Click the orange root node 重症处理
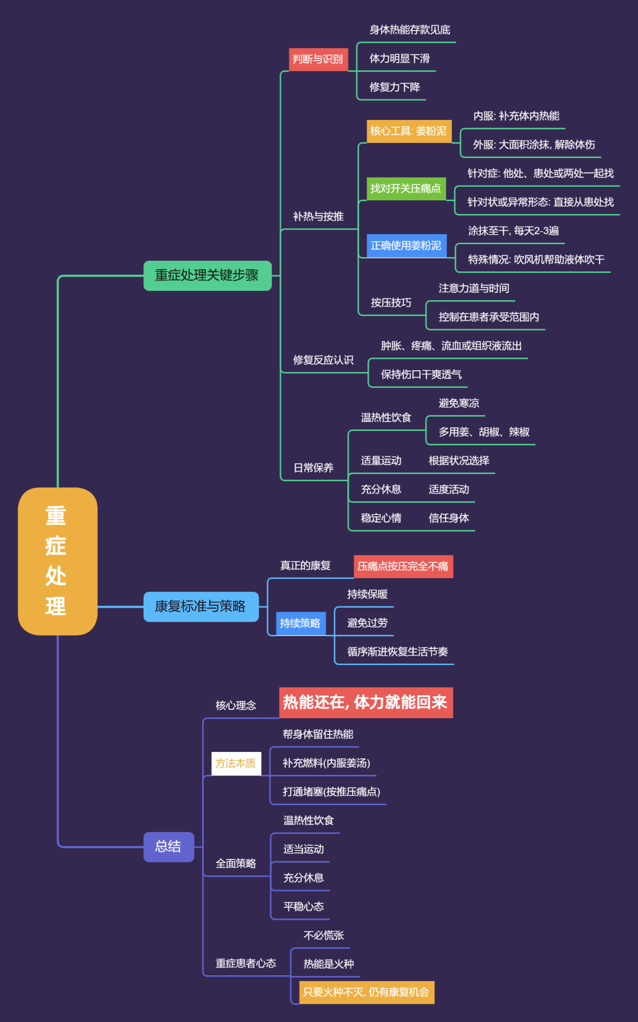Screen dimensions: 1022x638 tap(57, 561)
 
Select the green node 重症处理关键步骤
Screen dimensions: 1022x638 tap(207, 275)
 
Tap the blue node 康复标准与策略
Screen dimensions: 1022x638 tap(201, 606)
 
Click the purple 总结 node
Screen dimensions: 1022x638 tap(168, 846)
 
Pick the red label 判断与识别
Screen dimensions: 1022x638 tap(318, 59)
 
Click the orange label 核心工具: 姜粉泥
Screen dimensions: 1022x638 tap(409, 131)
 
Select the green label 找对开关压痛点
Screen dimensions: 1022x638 tap(406, 189)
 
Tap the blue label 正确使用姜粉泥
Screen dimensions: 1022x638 tap(406, 245)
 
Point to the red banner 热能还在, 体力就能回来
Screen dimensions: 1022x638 tap(366, 702)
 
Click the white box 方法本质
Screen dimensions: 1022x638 tap(236, 763)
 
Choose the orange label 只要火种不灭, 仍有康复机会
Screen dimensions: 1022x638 tap(366, 992)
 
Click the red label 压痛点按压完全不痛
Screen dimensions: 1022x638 tap(403, 566)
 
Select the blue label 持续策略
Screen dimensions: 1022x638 tap(301, 623)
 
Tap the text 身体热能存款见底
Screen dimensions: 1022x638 tap(410, 30)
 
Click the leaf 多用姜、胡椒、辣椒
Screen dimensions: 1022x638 tap(484, 432)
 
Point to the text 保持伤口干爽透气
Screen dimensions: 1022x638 tap(421, 375)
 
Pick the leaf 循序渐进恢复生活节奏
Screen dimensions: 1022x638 tap(398, 651)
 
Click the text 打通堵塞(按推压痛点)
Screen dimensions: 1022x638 tap(331, 791)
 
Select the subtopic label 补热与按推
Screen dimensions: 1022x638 tap(318, 216)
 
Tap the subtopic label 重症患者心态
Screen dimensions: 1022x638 tap(246, 963)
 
